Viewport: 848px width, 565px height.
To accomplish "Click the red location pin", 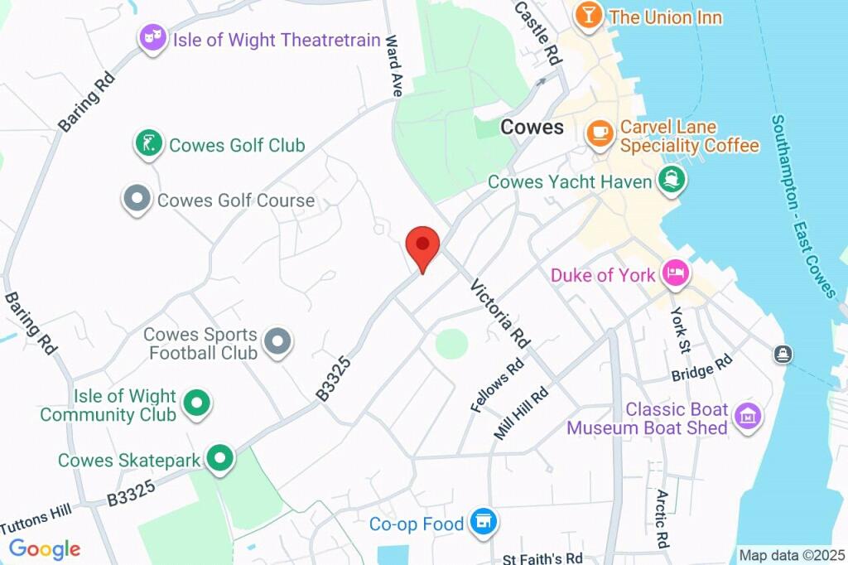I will (x=422, y=246).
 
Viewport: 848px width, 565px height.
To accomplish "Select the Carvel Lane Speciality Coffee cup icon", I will (x=599, y=133).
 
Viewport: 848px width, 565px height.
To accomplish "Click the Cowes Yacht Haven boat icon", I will (x=669, y=179).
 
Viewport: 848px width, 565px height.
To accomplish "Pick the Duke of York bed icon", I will (x=676, y=274).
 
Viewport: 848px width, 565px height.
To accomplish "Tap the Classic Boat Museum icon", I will (x=748, y=418).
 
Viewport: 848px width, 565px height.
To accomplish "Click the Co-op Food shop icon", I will (x=483, y=522).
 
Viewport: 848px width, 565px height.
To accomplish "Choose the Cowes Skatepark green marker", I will (x=219, y=458).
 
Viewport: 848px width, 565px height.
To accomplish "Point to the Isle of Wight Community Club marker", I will (x=196, y=403).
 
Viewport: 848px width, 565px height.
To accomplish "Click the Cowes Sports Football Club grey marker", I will (x=277, y=340).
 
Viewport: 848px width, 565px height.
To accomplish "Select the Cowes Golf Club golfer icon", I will (x=148, y=144).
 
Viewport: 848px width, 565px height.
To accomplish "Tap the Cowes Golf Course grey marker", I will (x=136, y=199).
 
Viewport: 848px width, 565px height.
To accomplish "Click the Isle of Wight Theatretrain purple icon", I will (x=152, y=38).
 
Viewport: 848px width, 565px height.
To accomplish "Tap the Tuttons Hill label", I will (x=36, y=519).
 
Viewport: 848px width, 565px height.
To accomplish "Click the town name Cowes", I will (x=532, y=127).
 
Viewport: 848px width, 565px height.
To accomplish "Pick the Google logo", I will (x=44, y=548).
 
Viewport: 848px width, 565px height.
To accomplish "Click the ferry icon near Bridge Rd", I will (x=783, y=355).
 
